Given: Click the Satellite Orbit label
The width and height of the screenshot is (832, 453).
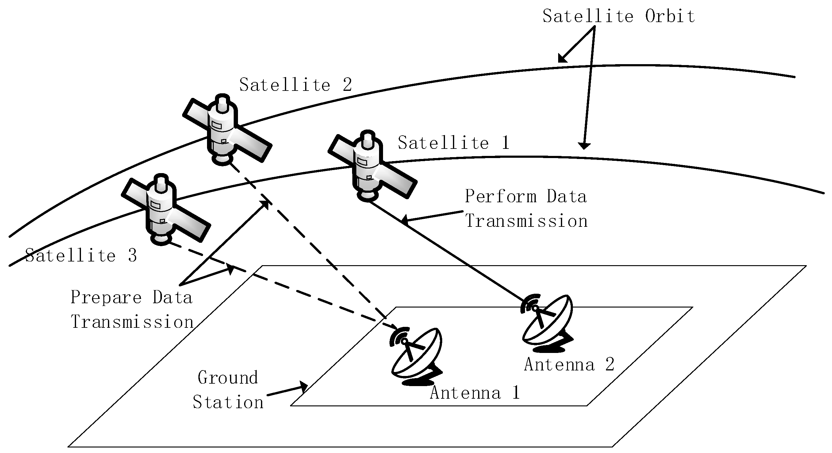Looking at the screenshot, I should [618, 16].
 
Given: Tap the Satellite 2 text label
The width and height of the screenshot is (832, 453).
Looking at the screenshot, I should [295, 85].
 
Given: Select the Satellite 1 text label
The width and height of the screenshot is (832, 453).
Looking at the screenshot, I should [454, 143].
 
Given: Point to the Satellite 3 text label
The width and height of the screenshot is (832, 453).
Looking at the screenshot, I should [81, 256].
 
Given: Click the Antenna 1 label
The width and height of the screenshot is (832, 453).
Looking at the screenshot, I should [475, 393].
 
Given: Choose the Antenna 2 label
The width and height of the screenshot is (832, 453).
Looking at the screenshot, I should [569, 365].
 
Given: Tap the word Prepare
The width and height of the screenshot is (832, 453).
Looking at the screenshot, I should [106, 297].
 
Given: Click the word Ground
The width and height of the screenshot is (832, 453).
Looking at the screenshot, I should [228, 378].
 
